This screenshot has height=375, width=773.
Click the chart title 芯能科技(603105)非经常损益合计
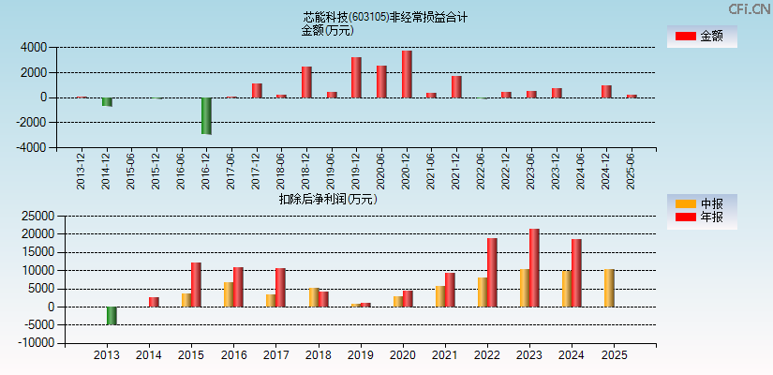click(x=385, y=17)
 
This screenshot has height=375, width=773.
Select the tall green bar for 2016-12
click(x=206, y=115)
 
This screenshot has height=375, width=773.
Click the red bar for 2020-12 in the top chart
click(x=407, y=74)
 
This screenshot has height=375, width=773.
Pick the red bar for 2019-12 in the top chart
click(x=356, y=77)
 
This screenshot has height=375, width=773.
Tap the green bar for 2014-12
click(x=107, y=101)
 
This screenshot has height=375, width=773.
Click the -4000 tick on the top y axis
click(x=32, y=147)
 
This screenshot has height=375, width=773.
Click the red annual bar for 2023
click(x=534, y=267)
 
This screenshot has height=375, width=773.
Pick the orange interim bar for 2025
click(x=609, y=288)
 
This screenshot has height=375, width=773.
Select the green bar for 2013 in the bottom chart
click(x=111, y=315)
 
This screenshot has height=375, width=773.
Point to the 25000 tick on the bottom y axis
click(x=32, y=216)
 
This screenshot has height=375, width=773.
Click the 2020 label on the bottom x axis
click(x=403, y=356)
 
